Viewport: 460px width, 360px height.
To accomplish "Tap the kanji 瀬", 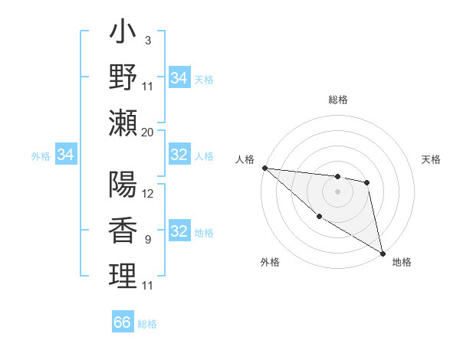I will tap(123, 123).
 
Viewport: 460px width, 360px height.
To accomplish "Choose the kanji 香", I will tap(123, 230).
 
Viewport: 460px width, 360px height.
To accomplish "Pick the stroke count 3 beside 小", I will tap(147, 40).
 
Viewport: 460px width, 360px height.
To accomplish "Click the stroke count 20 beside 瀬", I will tap(148, 132).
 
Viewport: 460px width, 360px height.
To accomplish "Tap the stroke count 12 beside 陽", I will tap(148, 193).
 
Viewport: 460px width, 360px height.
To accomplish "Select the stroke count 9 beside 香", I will tap(147, 239).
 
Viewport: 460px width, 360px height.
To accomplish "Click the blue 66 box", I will tap(122, 322).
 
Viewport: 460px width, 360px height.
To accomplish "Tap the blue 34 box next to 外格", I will tap(65, 155).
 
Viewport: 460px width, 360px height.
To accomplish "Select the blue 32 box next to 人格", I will tap(179, 155).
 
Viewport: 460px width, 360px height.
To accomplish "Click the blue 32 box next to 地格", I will tap(179, 232).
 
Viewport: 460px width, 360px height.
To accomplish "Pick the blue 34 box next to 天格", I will tap(179, 78).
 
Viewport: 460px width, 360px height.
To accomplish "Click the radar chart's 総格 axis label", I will tap(337, 100).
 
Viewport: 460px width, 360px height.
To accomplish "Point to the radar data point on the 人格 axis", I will tap(264, 168).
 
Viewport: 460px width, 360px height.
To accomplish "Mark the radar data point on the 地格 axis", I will tap(383, 254).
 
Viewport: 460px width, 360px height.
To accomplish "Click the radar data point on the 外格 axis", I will tap(319, 217).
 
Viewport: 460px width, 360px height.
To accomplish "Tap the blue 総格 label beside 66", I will tap(147, 324).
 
